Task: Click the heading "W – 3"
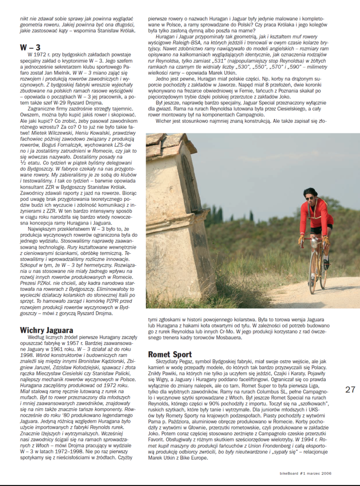pyautogui.click(x=30, y=48)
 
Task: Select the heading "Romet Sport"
pyautogui.click(x=170, y=354)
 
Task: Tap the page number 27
pyautogui.click(x=350, y=390)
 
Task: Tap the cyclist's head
pyautogui.click(x=311, y=194)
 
